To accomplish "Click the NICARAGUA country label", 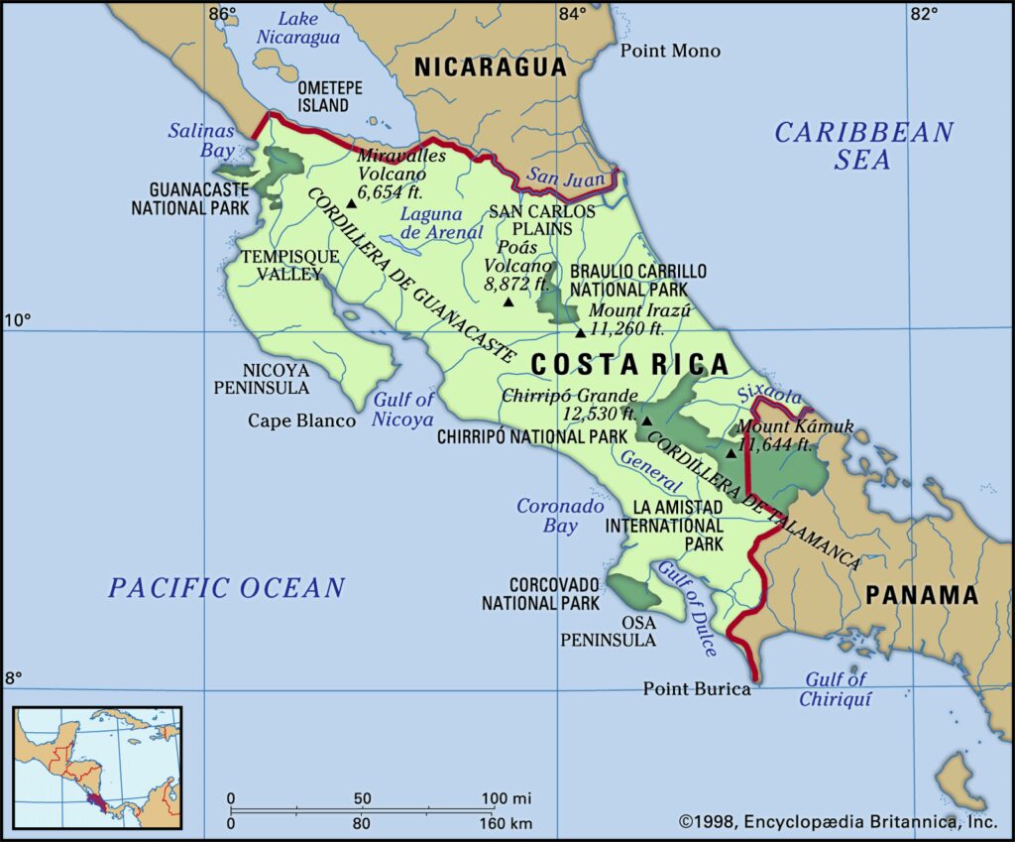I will tap(490, 67).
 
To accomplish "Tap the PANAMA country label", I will tap(922, 595).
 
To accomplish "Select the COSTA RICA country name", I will tap(629, 365).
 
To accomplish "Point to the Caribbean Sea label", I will tap(863, 146).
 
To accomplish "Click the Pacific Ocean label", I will tap(227, 587).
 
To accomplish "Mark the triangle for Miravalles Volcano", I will tap(351, 204).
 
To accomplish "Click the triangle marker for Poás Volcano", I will tap(508, 301).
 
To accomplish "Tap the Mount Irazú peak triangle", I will tap(581, 333).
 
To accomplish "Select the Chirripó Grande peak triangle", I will tap(646, 421).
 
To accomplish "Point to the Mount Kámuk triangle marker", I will tap(732, 453).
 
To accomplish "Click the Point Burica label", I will tap(697, 688).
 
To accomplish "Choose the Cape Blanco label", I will tap(301, 421).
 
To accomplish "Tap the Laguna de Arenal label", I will tap(431, 223).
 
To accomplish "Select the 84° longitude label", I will tap(572, 14).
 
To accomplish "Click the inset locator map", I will tap(97, 767).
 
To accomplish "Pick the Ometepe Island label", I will tap(323, 96).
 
